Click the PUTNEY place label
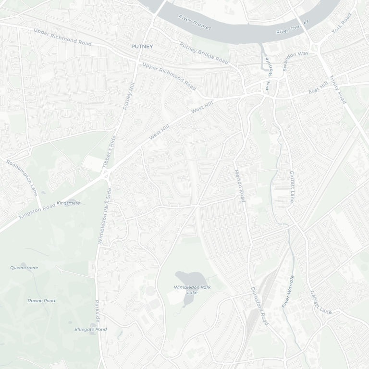(x=142, y=47)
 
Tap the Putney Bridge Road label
(x=204, y=53)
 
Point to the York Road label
(x=342, y=23)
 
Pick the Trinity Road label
(x=337, y=90)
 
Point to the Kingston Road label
(x=37, y=210)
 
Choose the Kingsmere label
(x=68, y=203)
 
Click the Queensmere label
(x=24, y=267)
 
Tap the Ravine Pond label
(x=41, y=301)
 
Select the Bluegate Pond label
(x=90, y=329)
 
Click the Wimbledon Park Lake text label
(x=192, y=290)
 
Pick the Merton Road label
(x=240, y=185)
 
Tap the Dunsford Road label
(x=259, y=306)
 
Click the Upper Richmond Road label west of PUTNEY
(x=62, y=37)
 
